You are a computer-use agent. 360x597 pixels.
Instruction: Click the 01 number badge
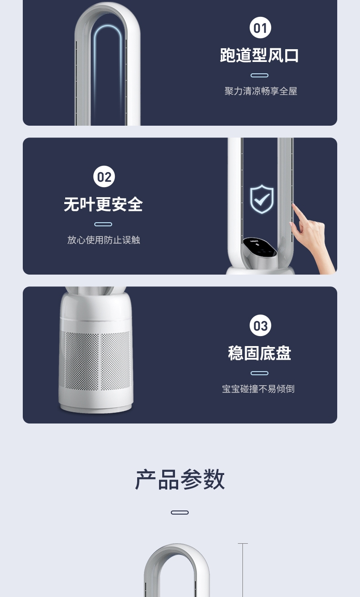pos(260,27)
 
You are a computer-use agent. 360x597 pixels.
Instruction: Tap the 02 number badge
pos(104,176)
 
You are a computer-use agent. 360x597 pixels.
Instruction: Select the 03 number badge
pos(260,326)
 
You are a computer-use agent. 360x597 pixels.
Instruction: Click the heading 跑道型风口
pos(259,56)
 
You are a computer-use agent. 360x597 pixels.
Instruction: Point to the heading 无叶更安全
pos(103,204)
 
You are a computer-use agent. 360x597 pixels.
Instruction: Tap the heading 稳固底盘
pos(259,353)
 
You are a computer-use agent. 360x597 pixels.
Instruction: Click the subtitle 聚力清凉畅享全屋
pos(261,91)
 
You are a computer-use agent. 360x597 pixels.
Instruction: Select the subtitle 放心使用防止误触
pos(103,240)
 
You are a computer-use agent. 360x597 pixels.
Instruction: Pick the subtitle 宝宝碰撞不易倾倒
pos(258,389)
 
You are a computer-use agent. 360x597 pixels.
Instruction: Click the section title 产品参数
pos(180,480)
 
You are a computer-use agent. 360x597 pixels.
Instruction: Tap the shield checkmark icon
pos(262,199)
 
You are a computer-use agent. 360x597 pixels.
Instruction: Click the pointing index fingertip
pos(293,205)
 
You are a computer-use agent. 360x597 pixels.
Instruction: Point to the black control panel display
pos(259,247)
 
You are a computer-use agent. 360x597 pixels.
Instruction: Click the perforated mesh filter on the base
pos(95,360)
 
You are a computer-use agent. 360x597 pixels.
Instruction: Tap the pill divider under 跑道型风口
pos(259,76)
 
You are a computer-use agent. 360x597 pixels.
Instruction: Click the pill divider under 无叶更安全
pos(103,224)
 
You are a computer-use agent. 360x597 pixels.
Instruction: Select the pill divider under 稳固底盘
pos(259,373)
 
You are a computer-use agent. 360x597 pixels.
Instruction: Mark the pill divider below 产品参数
pos(180,512)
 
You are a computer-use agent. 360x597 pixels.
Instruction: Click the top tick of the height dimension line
pos(243,543)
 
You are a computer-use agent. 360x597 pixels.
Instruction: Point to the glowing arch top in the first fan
pos(108,27)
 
